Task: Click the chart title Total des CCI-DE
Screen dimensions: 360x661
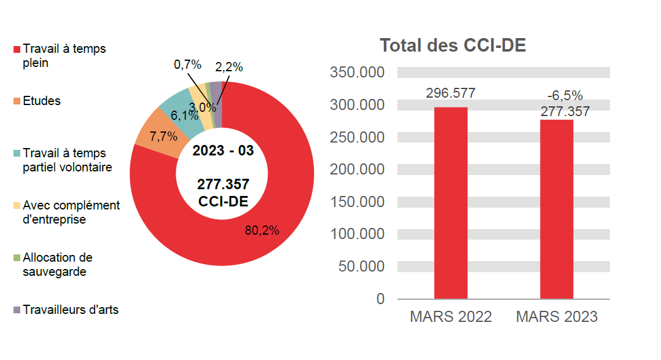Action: pos(452,45)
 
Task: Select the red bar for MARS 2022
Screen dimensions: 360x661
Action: pos(450,203)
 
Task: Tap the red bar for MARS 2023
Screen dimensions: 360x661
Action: pos(556,209)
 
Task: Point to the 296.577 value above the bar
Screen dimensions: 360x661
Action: pos(450,93)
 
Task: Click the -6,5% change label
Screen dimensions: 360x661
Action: pos(565,95)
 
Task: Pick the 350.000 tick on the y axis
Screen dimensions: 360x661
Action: pos(357,72)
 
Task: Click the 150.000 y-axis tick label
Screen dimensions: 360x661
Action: pos(357,202)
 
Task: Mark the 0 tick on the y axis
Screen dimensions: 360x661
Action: pos(380,299)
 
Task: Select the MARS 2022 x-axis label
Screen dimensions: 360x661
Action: pos(450,317)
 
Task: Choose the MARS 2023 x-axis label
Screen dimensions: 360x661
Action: pos(557,317)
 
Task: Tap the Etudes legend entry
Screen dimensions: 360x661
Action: pos(41,101)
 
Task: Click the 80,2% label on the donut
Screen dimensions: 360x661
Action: pos(262,230)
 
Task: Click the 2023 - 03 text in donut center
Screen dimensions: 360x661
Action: pos(222,151)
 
